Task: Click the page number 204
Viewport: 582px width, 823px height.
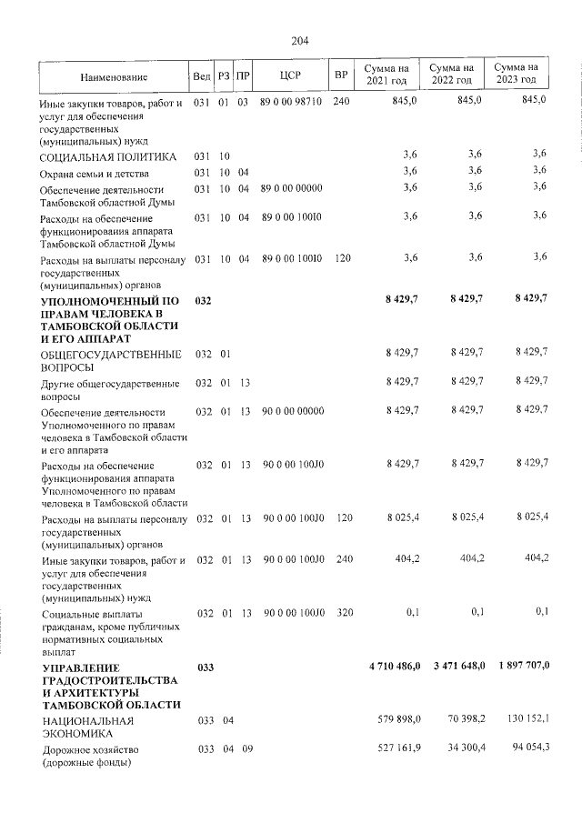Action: [x=300, y=41]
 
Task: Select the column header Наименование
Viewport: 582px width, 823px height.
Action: [x=114, y=75]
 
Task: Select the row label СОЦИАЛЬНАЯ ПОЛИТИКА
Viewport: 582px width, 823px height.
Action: [x=101, y=157]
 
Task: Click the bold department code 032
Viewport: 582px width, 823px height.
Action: [x=203, y=300]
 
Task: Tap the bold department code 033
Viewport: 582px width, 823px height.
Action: [x=203, y=667]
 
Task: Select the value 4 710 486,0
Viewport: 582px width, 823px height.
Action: [x=395, y=667]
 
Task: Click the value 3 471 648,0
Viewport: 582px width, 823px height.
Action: [x=459, y=667]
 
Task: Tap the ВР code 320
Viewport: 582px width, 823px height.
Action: [x=342, y=613]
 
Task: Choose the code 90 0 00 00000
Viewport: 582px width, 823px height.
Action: [x=293, y=410]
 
